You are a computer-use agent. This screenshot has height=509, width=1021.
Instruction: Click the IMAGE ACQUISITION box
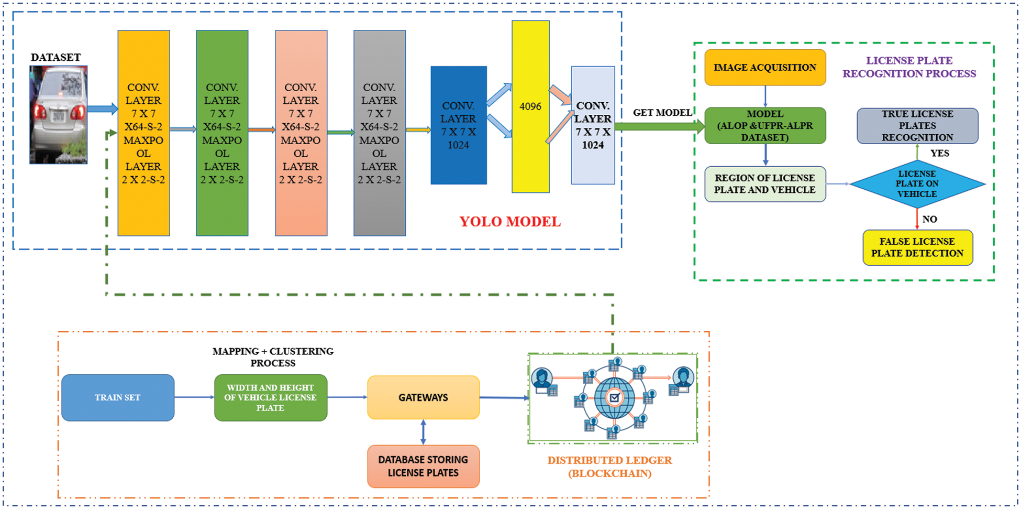(765, 68)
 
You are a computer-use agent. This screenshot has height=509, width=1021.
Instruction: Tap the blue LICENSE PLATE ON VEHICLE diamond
(917, 184)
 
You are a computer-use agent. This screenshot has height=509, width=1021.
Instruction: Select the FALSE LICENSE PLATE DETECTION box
(917, 247)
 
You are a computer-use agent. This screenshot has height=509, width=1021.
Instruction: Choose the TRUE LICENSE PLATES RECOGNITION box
(917, 126)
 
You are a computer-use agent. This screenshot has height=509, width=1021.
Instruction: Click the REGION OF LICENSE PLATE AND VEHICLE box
(765, 184)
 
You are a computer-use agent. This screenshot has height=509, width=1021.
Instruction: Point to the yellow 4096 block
(530, 107)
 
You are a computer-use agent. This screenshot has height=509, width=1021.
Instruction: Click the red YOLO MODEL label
(510, 222)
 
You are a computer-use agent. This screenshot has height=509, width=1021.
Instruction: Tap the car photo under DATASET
(58, 115)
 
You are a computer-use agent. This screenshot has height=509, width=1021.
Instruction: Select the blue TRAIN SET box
(118, 397)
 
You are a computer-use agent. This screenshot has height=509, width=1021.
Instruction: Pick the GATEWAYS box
(423, 397)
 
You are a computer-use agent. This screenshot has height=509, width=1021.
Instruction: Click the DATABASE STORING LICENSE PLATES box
(423, 466)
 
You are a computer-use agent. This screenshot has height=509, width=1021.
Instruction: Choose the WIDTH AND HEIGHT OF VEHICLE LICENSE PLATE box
(270, 397)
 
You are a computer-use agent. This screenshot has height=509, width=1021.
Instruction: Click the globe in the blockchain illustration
(614, 398)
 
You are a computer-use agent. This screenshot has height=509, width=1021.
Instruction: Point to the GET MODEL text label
(662, 113)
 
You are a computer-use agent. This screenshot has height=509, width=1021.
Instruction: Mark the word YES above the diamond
(940, 153)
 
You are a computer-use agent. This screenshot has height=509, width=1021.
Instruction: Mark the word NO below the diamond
(930, 219)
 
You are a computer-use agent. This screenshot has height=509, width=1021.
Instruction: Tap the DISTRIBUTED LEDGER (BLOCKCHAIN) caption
(609, 467)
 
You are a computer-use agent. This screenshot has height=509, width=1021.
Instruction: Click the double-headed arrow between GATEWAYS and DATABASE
(423, 432)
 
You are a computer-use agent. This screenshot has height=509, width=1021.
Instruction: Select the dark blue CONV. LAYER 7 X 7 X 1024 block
(458, 125)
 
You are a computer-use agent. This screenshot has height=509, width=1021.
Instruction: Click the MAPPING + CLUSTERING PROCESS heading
(273, 357)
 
